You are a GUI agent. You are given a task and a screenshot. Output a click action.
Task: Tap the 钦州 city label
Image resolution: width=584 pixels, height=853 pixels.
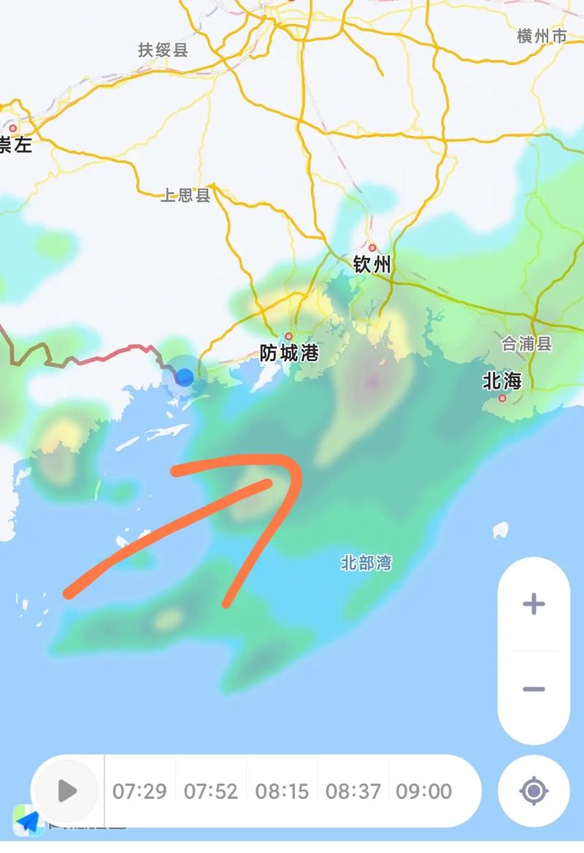(372, 265)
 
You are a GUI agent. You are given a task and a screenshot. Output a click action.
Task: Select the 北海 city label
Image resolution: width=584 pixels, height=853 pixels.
(502, 381)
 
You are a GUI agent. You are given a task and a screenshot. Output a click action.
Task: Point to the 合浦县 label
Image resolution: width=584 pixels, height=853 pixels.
(527, 344)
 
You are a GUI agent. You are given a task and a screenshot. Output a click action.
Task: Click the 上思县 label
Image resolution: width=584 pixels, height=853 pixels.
(185, 195)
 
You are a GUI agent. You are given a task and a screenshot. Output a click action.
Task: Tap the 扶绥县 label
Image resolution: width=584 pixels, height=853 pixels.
(163, 50)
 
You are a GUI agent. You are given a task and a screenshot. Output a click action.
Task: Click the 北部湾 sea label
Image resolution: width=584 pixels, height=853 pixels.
(366, 563)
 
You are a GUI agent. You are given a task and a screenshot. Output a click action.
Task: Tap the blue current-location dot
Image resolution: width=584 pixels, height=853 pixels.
(185, 377)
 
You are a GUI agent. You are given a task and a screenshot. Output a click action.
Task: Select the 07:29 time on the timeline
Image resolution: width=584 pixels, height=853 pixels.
(139, 791)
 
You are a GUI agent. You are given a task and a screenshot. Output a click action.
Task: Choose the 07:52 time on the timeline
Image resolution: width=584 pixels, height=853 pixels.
(210, 791)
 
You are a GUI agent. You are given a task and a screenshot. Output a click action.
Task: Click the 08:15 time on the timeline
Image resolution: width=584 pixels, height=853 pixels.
(282, 791)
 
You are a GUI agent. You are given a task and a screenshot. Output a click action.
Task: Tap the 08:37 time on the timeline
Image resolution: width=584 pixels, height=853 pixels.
(353, 791)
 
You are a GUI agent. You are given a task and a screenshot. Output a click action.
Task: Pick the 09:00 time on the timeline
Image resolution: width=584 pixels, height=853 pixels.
(424, 791)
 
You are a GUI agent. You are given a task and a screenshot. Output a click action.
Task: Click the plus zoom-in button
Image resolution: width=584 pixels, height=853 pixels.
(534, 604)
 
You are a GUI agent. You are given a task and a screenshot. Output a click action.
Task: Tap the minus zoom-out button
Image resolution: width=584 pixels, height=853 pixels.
(534, 689)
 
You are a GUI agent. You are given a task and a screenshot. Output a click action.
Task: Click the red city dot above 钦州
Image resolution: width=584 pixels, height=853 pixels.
(372, 248)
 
